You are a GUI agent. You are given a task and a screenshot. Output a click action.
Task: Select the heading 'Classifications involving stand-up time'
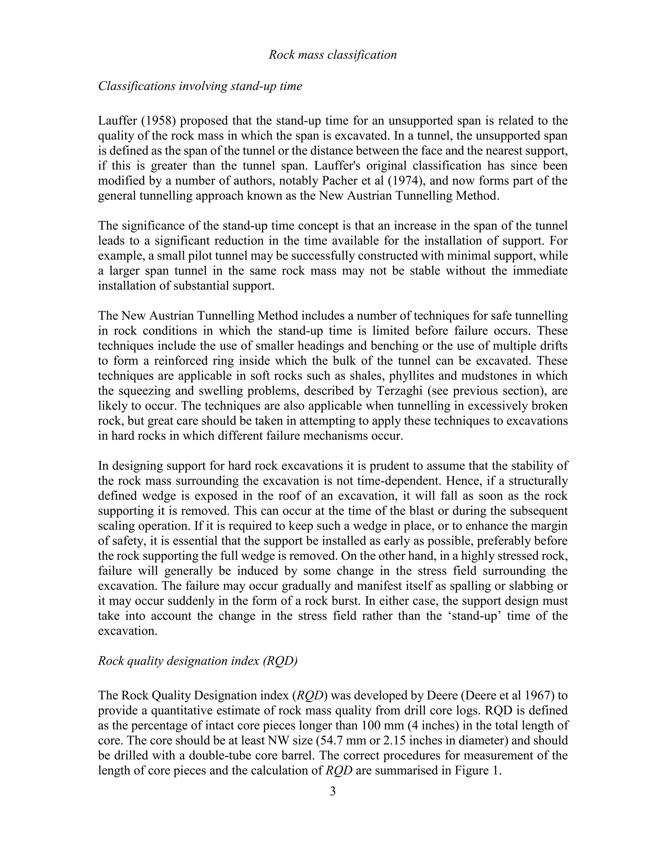click(200, 86)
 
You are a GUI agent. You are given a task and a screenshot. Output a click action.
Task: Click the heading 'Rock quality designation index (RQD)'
click(198, 661)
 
